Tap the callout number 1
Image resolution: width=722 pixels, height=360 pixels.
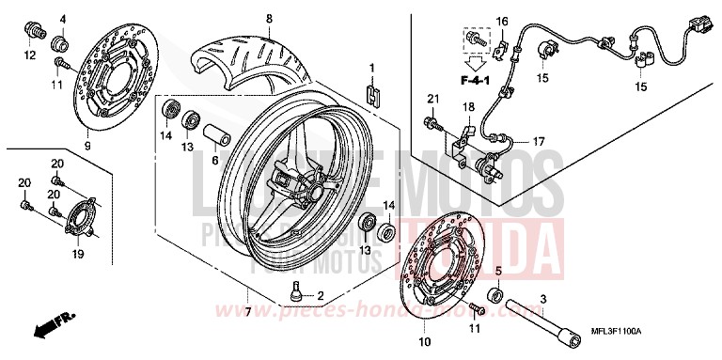click(371, 68)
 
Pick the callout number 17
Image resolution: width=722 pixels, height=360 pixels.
click(539, 142)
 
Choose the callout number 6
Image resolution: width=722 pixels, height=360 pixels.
click(213, 161)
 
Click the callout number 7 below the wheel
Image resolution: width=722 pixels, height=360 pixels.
click(248, 311)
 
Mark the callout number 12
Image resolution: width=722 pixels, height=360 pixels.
click(29, 55)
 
